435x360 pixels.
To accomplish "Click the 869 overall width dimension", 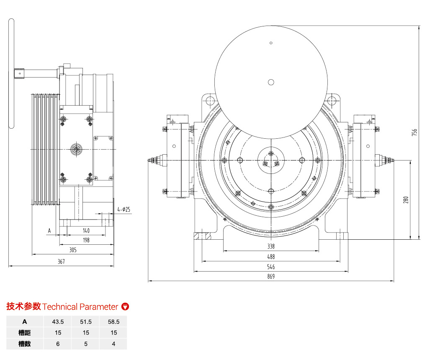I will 271,277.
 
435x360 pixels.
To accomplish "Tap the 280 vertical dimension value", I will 405,200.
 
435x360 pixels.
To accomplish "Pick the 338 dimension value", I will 271,246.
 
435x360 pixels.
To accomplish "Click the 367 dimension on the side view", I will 61,262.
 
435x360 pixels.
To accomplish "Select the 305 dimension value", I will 73,250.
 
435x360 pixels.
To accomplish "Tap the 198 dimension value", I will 86,240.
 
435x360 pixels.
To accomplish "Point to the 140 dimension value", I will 86,231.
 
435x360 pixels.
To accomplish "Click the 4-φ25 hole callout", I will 124,209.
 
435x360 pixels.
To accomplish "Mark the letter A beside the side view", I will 49,231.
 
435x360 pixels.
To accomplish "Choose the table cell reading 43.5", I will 58,321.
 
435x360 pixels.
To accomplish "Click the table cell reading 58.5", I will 113,321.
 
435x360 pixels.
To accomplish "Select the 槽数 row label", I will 25,344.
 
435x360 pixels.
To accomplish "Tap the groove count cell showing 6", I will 58,344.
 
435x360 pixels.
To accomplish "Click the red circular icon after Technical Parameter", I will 125,306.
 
